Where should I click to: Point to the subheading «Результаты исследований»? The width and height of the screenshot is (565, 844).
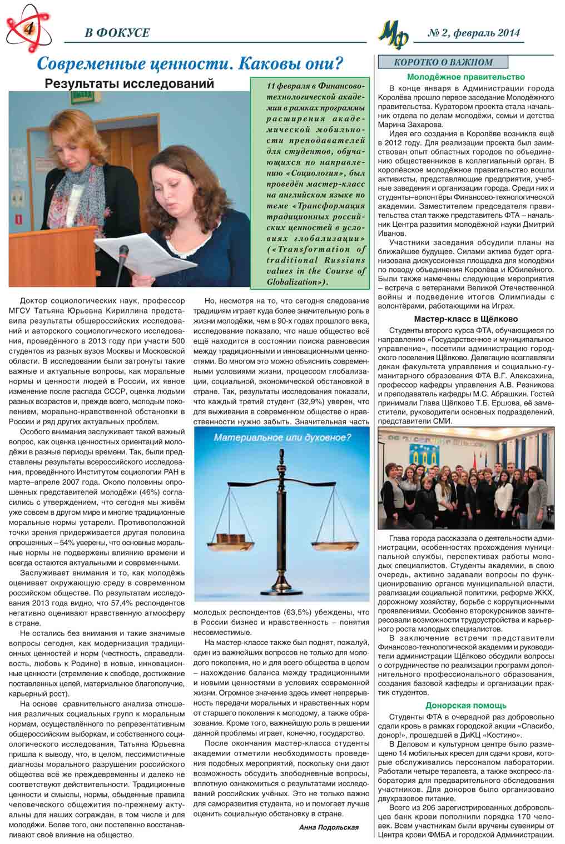pos(129,84)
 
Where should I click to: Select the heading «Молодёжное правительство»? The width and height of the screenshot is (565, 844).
pos(465,77)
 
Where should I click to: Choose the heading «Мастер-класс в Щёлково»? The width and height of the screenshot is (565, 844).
pos(465,319)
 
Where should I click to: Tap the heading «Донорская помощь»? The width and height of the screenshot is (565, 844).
pos(465,706)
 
